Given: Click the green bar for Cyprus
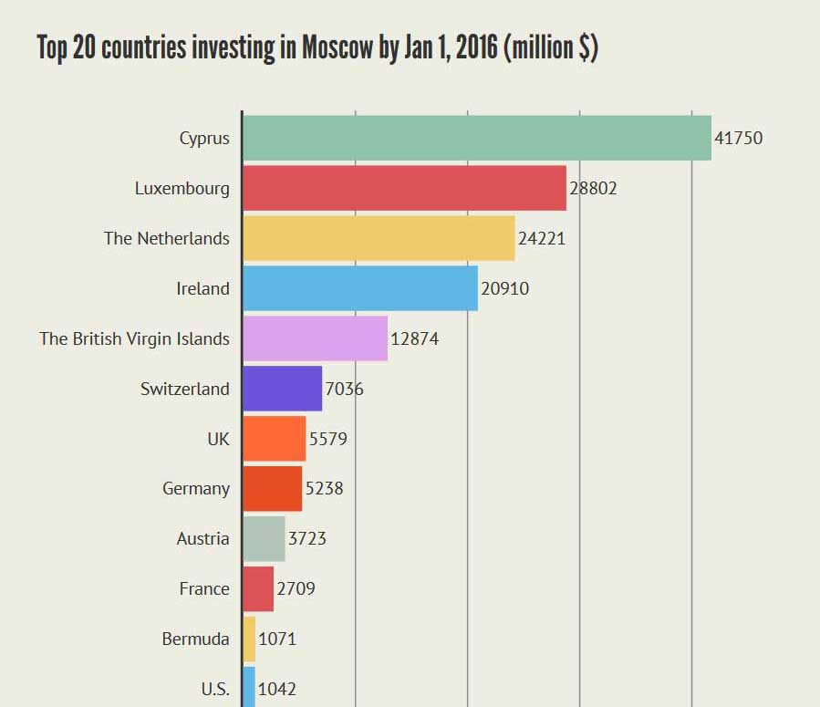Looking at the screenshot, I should (x=476, y=138).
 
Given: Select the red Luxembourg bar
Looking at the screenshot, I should (x=404, y=188).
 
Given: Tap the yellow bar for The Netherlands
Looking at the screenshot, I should (x=379, y=238).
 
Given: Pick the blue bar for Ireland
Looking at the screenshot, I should (x=360, y=288).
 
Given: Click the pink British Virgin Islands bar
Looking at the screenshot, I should (x=315, y=338).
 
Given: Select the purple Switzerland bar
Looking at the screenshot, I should (x=282, y=389).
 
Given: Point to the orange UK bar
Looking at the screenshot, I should (x=274, y=439).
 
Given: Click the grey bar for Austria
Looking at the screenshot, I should (x=264, y=538).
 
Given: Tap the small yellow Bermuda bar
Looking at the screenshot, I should (x=249, y=639).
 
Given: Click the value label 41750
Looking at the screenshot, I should (x=738, y=139).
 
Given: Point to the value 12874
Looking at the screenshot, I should (x=415, y=339).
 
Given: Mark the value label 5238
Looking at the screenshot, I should (x=324, y=489).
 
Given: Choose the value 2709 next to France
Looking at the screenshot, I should (x=296, y=589).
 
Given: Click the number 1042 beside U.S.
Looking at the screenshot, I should (x=277, y=689).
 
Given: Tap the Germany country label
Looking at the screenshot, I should (x=196, y=489).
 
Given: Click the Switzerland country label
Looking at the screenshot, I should (x=185, y=390).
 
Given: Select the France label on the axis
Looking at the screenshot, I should (x=204, y=589).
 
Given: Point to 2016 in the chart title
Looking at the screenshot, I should (x=475, y=48).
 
